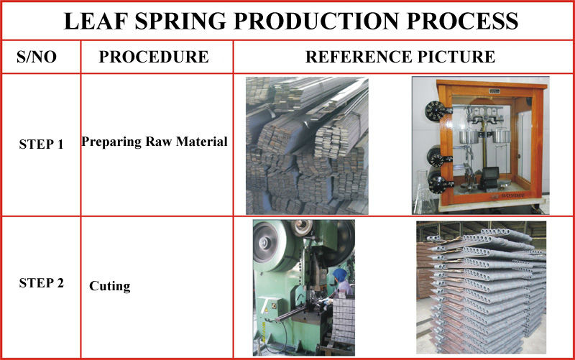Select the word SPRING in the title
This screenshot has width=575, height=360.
[x=180, y=21]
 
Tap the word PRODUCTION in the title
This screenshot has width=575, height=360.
[x=316, y=21]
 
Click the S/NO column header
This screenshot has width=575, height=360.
[x=37, y=57]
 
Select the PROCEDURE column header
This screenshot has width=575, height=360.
[x=154, y=57]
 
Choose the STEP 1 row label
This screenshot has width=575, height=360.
[x=42, y=144]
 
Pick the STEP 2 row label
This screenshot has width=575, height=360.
[x=42, y=283]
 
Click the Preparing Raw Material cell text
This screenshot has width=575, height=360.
[x=155, y=142]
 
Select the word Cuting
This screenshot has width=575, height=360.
[x=110, y=286]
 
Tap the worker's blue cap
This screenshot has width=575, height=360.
[x=340, y=274]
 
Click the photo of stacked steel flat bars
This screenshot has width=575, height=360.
[x=307, y=146]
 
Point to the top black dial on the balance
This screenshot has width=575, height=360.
[x=435, y=111]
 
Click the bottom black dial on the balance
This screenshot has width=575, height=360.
[x=438, y=183]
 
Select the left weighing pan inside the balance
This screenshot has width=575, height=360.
[x=469, y=137]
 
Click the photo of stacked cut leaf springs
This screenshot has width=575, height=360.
[x=481, y=287]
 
